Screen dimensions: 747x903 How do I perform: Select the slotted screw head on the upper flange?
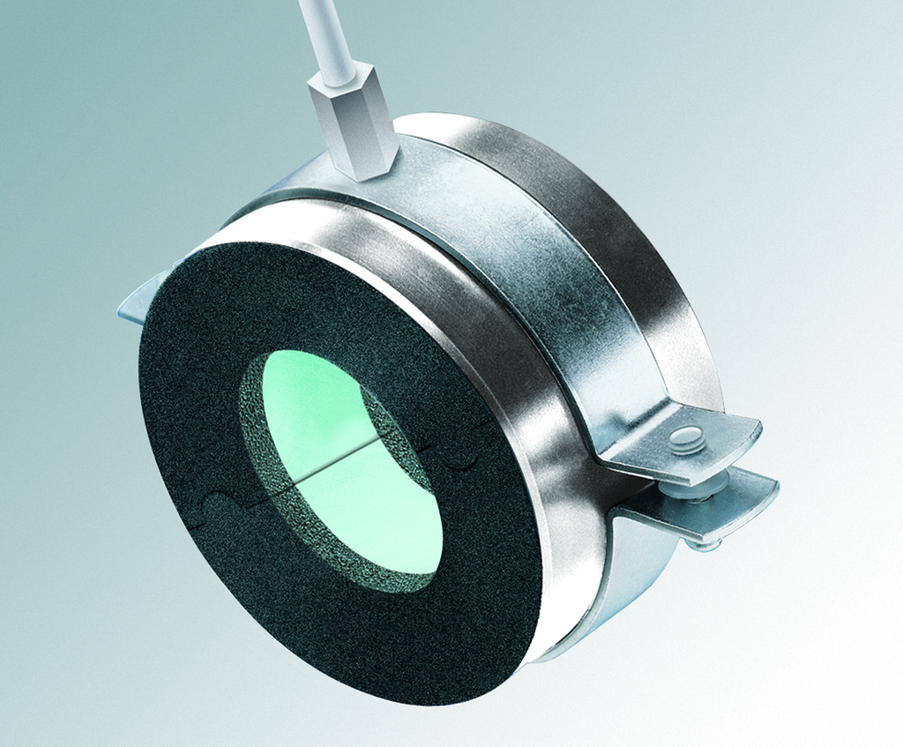(687, 439)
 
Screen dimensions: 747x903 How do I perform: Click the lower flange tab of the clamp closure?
(714, 507)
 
